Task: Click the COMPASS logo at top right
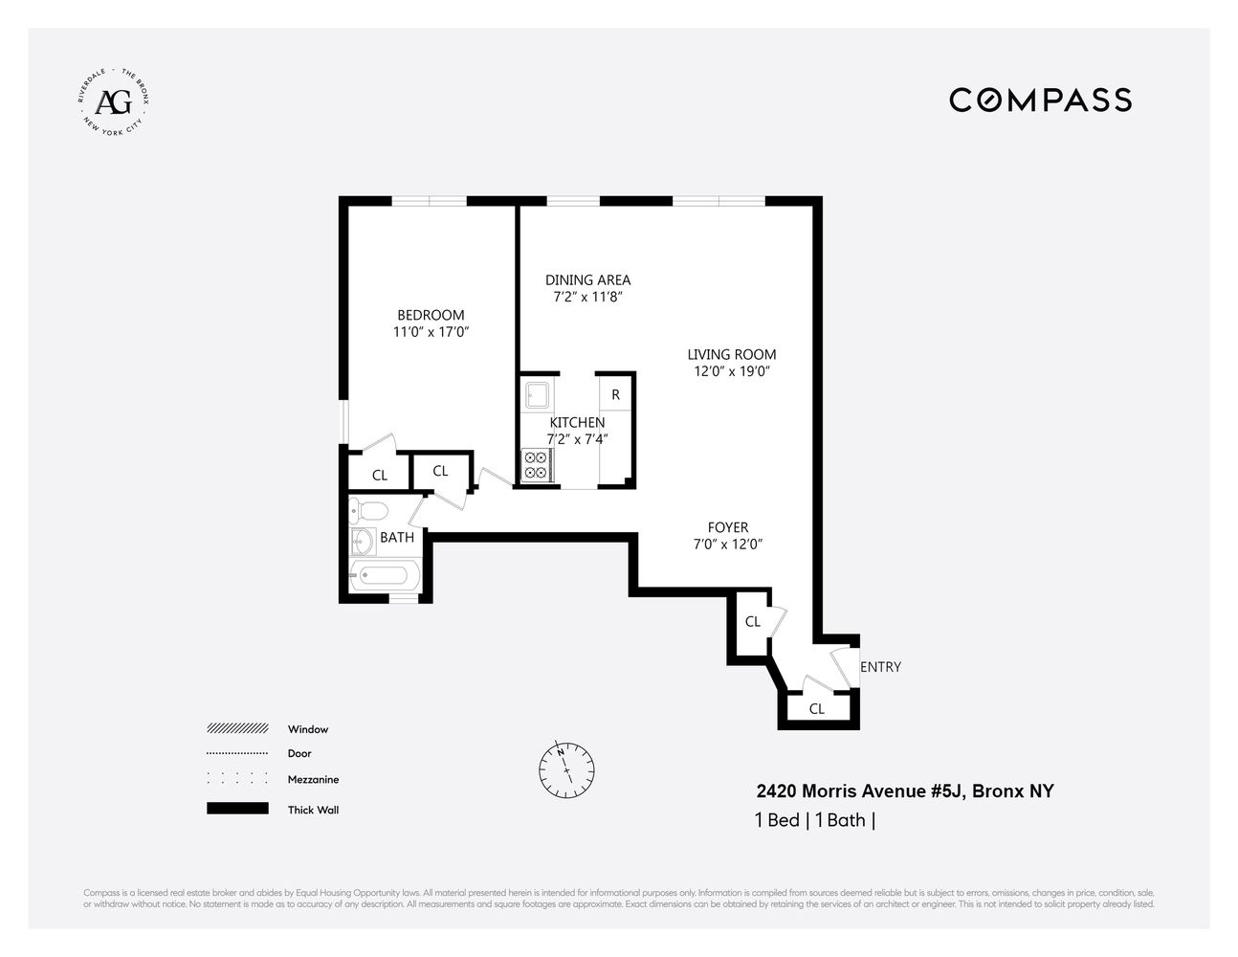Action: (1040, 100)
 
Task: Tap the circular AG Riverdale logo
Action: (115, 100)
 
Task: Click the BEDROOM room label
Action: (431, 315)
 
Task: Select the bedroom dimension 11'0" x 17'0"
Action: (431, 332)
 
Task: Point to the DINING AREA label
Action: (587, 279)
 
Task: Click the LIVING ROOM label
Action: (732, 354)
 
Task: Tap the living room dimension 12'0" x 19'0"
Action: (732, 371)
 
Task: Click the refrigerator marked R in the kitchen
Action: (615, 394)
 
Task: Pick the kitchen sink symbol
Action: (534, 394)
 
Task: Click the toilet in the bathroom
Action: (367, 509)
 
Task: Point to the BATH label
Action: (397, 538)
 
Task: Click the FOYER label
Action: (728, 527)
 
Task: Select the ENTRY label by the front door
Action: (880, 667)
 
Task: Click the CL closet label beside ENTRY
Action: (817, 709)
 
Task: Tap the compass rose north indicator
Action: (566, 769)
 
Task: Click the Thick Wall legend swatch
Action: (237, 810)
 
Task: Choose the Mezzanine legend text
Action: (313, 780)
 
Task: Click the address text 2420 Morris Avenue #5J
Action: (861, 791)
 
